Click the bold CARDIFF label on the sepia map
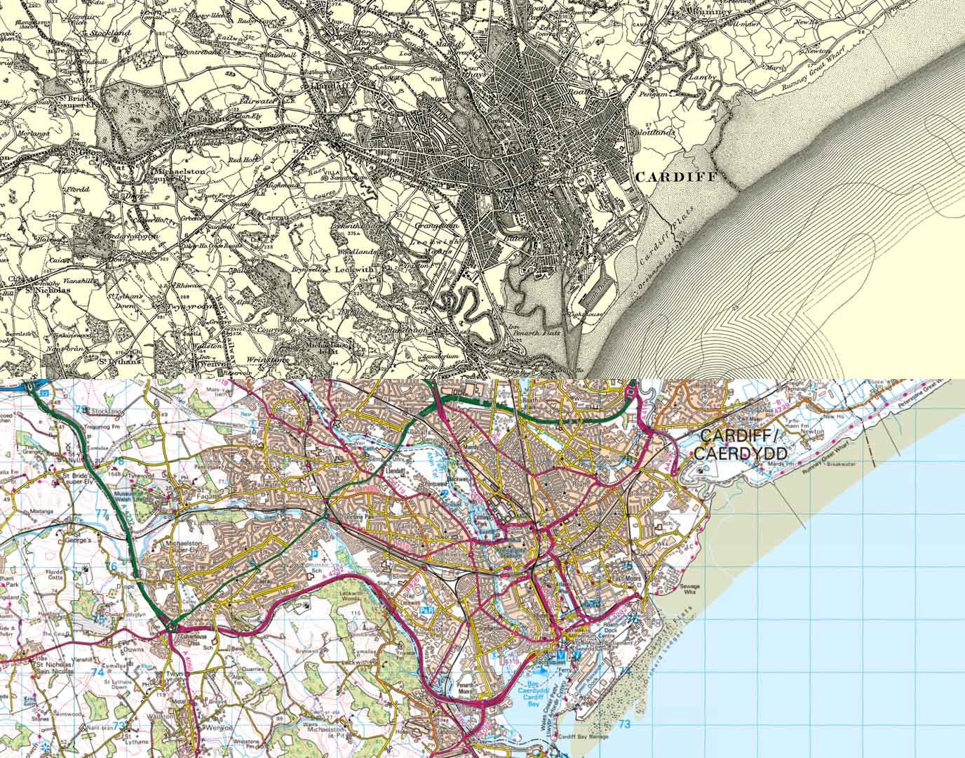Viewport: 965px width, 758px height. (675, 177)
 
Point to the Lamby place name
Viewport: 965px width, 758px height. (702, 77)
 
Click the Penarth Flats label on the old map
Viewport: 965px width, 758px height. (541, 333)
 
